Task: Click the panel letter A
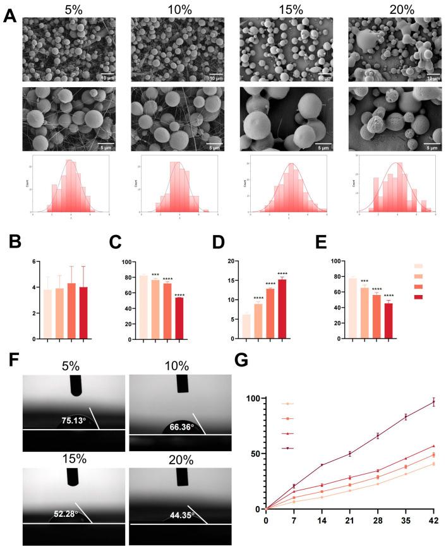tap(9, 16)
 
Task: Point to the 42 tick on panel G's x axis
tap(433, 520)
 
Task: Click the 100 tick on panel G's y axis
tap(253, 399)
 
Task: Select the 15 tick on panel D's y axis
tap(235, 281)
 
